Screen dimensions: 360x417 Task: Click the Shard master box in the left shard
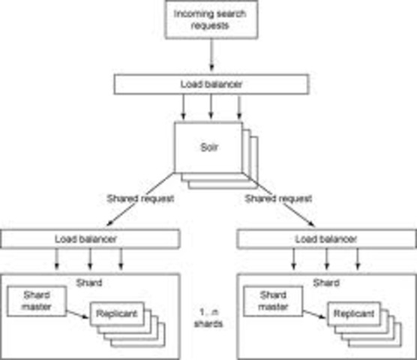[x=35, y=298]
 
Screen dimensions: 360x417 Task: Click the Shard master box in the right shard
[x=271, y=298]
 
